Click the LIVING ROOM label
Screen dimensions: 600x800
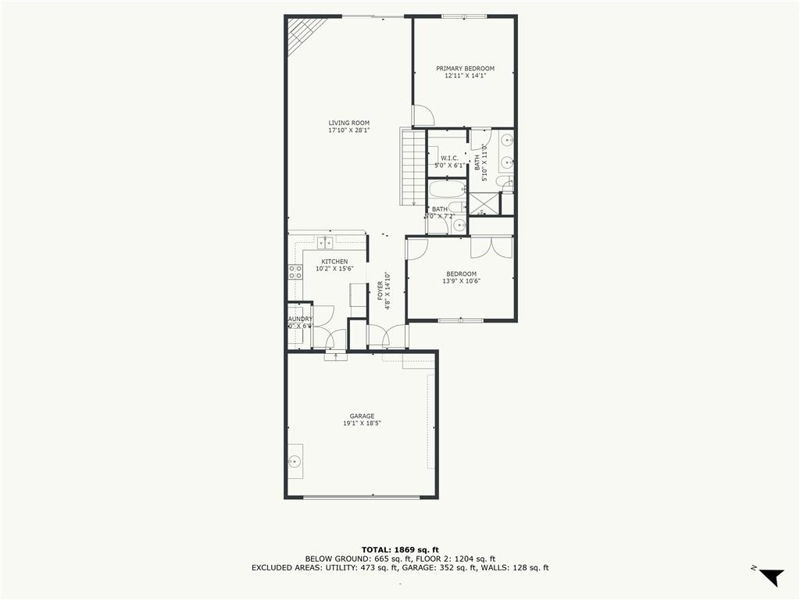[348, 123]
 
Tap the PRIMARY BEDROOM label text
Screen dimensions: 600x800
[465, 69]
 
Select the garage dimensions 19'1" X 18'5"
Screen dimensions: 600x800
[362, 423]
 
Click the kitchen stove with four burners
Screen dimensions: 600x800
[295, 272]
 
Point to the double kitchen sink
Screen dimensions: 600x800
[325, 242]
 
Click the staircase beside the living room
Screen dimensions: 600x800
[412, 167]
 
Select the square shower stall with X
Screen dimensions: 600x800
[484, 204]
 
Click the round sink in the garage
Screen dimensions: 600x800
[295, 461]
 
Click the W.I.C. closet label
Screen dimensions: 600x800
[449, 159]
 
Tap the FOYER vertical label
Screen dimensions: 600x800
[380, 291]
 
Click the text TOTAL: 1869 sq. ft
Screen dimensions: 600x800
[399, 549]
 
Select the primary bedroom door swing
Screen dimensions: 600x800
[423, 116]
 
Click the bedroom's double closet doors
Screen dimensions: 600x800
[492, 247]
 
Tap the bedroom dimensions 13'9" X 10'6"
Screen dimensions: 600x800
[461, 281]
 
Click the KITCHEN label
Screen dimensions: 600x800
[334, 262]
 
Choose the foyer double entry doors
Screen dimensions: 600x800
[387, 336]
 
